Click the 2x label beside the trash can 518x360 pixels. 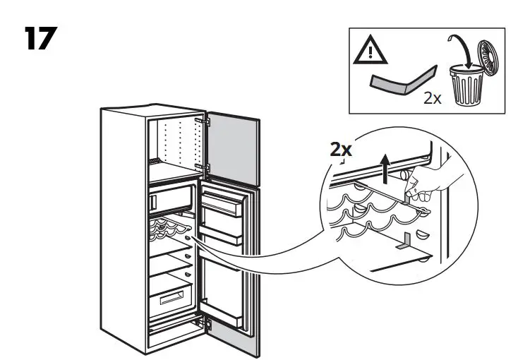pyautogui.click(x=432, y=98)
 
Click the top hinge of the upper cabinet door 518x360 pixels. pyautogui.click(x=207, y=121)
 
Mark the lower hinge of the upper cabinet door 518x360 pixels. pyautogui.click(x=207, y=167)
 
